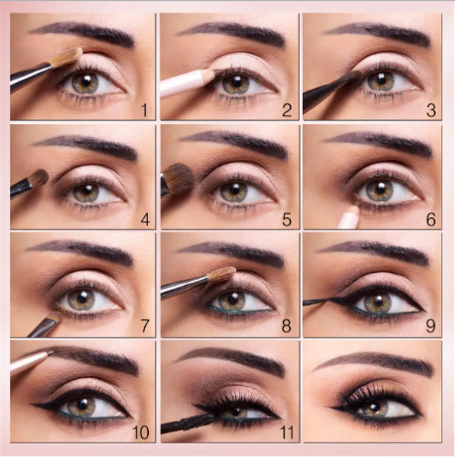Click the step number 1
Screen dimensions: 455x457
pos(145,111)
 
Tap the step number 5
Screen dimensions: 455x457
pos(287,220)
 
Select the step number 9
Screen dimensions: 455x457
pos(431,325)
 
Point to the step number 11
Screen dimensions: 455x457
pos(287,432)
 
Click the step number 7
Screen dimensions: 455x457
pos(145,326)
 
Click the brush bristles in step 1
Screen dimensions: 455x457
pos(67,57)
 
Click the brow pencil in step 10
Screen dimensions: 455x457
pos(30,362)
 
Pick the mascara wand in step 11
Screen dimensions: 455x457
pos(189,422)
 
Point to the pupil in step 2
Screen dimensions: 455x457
pos(237,81)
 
